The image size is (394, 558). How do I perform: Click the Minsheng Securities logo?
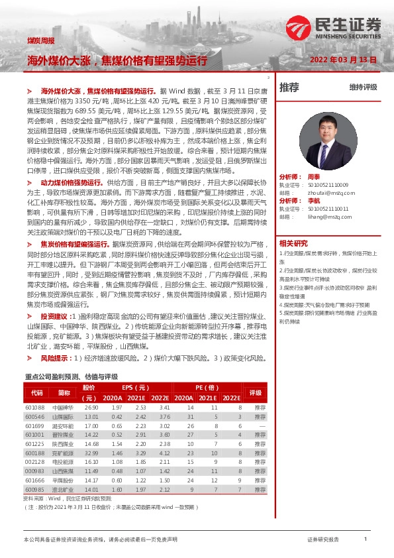tap(334, 28)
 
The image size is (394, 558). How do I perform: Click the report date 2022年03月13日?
tap(344, 60)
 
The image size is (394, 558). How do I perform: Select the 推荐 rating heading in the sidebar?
tap(289, 87)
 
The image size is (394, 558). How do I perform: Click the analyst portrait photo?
tap(323, 139)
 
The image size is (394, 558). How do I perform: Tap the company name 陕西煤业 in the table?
tap(63, 443)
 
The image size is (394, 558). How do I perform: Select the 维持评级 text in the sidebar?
tap(363, 87)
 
